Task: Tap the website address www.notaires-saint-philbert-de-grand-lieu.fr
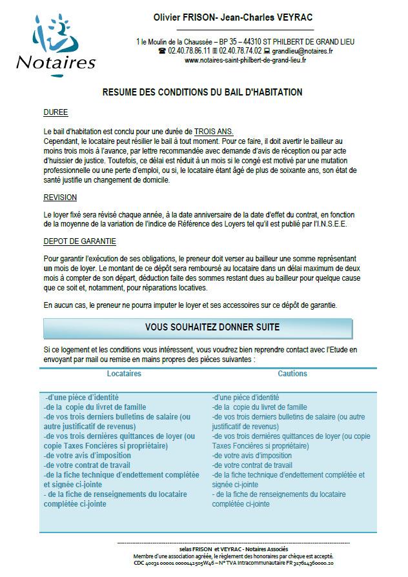pos(245,60)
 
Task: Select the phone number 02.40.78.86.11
pos(188,51)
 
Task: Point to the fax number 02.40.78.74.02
pos(240,51)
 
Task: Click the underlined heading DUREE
pos(56,112)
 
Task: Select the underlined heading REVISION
pos(60,197)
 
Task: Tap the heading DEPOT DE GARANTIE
pos(79,241)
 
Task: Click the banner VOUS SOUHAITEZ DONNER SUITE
pos(212,327)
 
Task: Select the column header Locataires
pos(124,374)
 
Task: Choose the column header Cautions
pos(292,374)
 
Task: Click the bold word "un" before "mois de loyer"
pos(48,267)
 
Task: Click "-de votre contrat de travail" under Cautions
pos(252,465)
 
